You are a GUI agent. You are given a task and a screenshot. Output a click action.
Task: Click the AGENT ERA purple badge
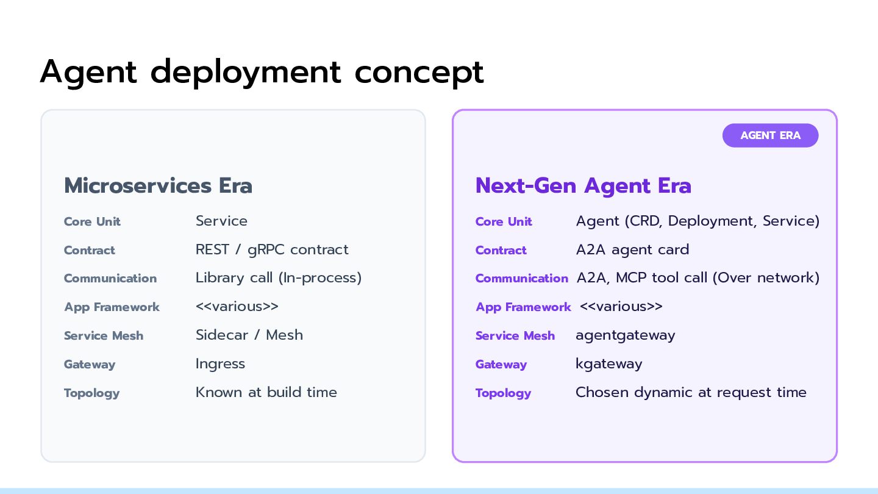[x=770, y=135]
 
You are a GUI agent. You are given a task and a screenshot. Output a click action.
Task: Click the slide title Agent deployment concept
[x=262, y=72]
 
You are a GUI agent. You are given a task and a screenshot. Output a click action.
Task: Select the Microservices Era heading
[x=158, y=185]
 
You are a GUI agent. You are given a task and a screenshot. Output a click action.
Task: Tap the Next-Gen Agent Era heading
[x=584, y=186]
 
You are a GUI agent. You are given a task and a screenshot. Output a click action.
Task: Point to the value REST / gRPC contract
[x=272, y=250]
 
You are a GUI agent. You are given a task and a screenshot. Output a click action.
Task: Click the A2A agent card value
[x=632, y=250]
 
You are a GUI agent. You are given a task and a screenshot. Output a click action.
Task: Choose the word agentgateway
[x=625, y=335]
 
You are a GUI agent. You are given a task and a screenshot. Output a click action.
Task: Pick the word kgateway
[x=609, y=364]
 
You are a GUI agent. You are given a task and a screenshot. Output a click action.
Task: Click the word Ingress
[x=220, y=364]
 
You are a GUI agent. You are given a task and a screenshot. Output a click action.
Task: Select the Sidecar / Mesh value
[x=249, y=335]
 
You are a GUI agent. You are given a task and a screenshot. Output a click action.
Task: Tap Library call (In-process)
[x=279, y=278]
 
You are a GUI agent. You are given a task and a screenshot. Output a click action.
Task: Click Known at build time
[x=266, y=393]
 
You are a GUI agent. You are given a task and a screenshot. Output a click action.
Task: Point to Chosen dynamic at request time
[x=691, y=393]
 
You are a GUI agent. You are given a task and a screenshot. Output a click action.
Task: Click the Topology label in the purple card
[x=503, y=393]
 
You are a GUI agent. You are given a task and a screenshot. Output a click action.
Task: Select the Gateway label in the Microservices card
[x=90, y=365]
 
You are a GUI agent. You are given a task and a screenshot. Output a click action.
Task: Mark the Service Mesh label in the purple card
[x=515, y=335]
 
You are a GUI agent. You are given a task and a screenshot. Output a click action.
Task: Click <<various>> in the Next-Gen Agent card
[x=621, y=307]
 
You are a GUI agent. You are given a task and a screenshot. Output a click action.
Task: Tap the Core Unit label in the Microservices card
[x=92, y=221]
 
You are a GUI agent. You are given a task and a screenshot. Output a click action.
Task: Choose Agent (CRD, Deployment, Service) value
[x=698, y=221]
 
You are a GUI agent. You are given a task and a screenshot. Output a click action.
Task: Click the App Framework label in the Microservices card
[x=112, y=307]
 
